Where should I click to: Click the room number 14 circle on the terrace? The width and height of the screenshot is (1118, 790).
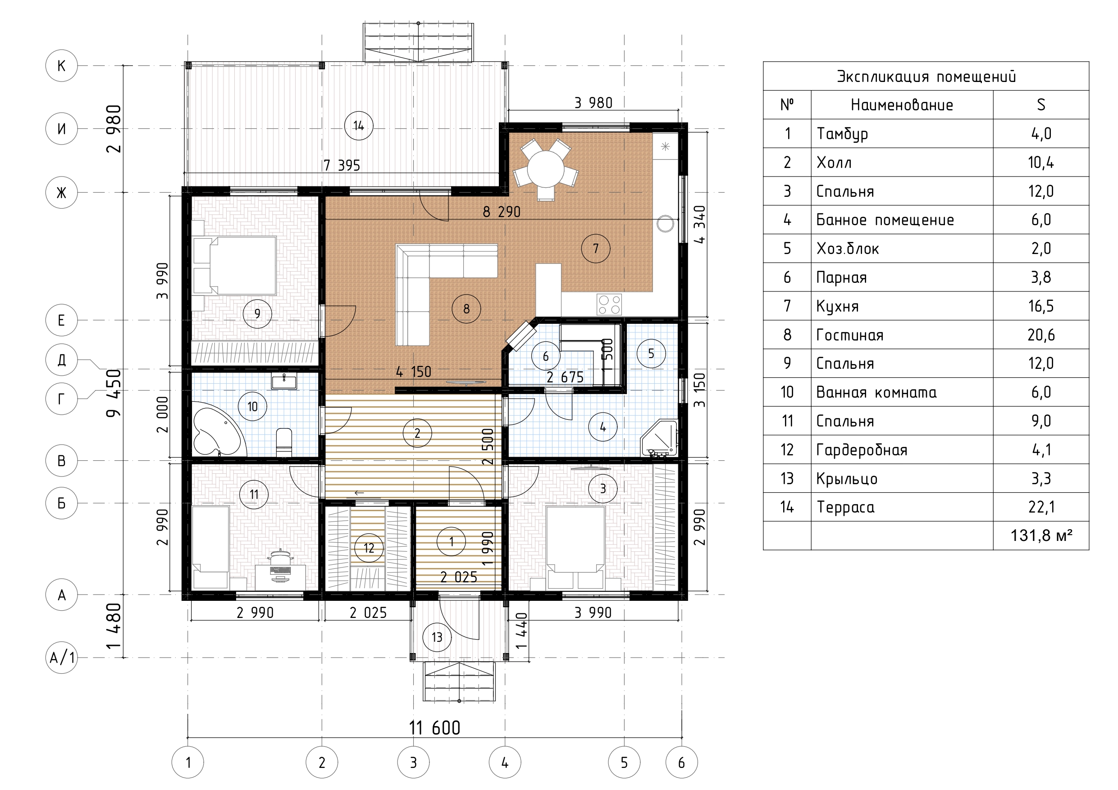tap(358, 126)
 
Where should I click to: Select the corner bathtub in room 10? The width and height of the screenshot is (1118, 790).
tap(218, 429)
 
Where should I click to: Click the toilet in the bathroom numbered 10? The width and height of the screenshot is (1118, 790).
tap(283, 442)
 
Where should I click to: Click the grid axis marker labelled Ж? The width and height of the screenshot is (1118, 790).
tap(61, 193)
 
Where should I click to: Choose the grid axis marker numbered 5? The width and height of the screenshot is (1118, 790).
tap(624, 762)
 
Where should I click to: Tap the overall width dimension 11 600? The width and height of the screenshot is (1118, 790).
tap(434, 728)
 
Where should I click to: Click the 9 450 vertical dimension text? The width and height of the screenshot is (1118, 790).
tap(114, 393)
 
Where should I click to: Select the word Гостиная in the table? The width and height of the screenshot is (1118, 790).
tap(850, 335)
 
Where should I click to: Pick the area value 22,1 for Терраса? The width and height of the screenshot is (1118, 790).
tap(1041, 507)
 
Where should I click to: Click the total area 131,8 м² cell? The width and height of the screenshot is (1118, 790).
tap(1041, 536)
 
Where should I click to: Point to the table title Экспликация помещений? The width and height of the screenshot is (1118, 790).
tap(926, 77)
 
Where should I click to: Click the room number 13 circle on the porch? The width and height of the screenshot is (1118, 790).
tap(437, 637)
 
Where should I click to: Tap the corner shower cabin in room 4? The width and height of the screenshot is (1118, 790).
tap(660, 438)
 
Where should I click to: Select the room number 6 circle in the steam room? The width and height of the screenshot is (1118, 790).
tap(545, 356)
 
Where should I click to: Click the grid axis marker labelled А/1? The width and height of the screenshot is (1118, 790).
tap(61, 658)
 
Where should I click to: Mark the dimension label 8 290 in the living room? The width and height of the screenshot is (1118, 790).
tap(502, 212)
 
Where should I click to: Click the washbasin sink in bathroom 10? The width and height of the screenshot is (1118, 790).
tap(283, 381)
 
